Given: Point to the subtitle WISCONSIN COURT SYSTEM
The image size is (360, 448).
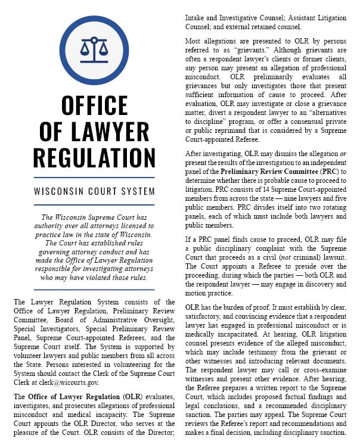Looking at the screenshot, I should tap(94, 192).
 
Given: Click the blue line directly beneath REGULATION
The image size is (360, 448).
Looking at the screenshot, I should tap(94, 177).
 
